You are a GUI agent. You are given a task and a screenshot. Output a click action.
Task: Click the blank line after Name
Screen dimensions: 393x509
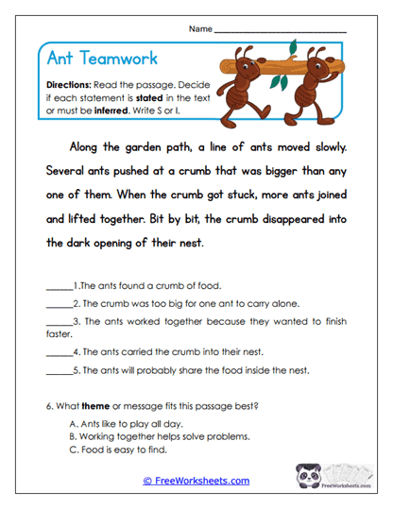280,30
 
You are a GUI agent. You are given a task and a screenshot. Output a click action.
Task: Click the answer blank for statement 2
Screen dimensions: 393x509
59,303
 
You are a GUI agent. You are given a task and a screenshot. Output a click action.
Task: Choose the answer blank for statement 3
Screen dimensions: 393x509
59,321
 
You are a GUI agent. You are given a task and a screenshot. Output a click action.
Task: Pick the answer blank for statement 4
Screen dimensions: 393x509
59,352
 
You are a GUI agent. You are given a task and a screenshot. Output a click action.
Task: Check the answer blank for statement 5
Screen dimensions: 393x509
59,370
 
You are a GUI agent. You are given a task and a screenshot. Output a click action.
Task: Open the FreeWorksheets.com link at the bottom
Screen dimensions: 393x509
196,481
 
